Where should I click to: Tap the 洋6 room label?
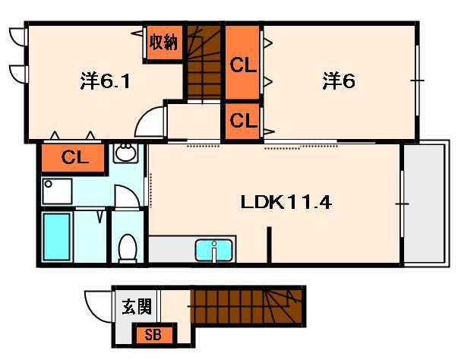[x=339, y=81]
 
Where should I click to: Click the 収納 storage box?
[x=164, y=43]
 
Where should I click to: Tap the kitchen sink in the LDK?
[x=215, y=249]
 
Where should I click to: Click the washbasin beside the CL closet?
[x=125, y=155]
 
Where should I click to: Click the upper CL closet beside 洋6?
[x=242, y=64]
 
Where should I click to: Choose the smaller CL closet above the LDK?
[x=242, y=120]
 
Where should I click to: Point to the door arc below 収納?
[x=153, y=122]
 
